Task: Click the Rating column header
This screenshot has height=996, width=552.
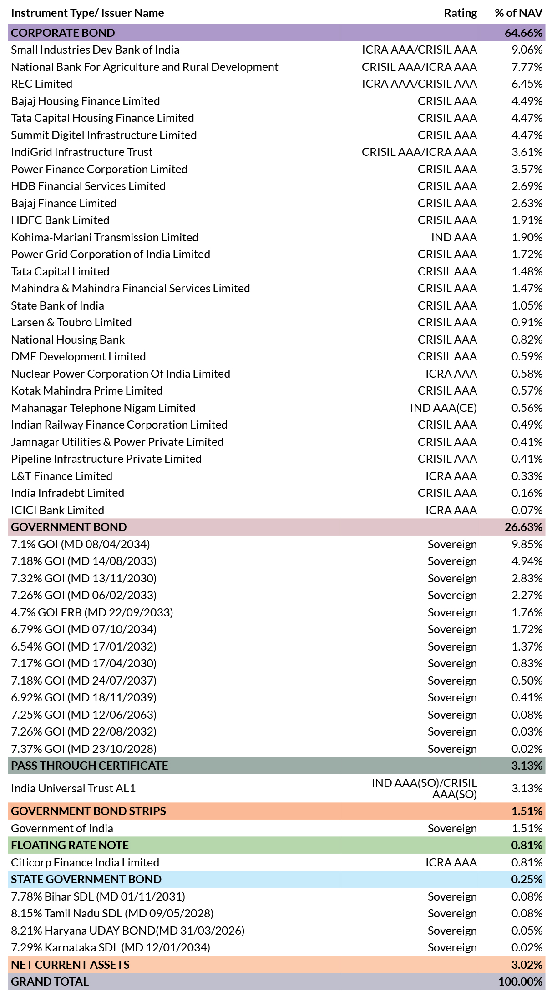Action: [x=460, y=13]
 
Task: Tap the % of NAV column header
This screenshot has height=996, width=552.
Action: [x=518, y=13]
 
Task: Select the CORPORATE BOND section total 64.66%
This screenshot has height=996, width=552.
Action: [x=523, y=33]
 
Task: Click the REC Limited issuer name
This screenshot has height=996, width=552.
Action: [x=41, y=84]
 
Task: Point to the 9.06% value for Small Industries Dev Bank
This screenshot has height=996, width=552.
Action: [x=527, y=50]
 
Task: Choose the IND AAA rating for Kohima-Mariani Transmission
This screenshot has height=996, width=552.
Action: [x=454, y=237]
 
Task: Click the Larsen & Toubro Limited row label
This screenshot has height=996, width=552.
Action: [x=71, y=323]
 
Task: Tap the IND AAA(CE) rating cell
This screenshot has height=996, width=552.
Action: [x=443, y=408]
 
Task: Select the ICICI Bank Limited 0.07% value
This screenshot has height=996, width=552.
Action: [x=527, y=510]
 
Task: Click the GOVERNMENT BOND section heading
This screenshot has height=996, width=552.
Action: [x=69, y=527]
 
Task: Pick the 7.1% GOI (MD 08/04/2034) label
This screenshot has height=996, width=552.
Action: [x=81, y=544]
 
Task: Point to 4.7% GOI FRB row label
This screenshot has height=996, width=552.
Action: [x=92, y=612]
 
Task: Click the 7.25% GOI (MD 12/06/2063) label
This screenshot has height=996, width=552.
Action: [x=84, y=715]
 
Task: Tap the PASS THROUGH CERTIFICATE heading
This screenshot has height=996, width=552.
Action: [x=90, y=766]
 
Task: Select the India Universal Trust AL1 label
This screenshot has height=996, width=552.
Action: [x=73, y=789]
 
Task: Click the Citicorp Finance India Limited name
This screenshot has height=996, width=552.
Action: [x=85, y=862]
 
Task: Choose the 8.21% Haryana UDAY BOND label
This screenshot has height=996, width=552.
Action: [x=128, y=931]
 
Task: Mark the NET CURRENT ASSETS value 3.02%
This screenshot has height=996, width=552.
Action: [x=527, y=965]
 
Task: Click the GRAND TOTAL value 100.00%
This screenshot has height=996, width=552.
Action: [x=520, y=982]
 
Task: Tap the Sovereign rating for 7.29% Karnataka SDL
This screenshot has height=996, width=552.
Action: [x=452, y=948]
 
